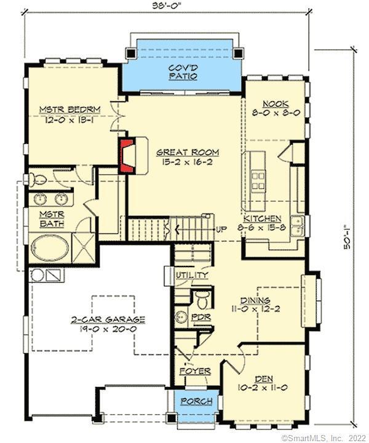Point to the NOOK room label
275,105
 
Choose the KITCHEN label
263,219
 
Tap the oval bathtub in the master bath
51,249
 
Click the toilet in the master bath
38,179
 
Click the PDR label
202,318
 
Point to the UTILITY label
192,275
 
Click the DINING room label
256,300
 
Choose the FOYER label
195,372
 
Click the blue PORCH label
196,402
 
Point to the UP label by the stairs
222,229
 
